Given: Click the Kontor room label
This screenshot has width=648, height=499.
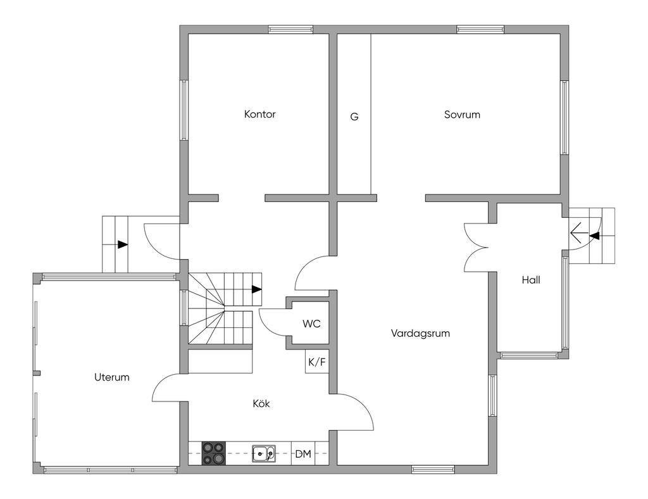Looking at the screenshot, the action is (259, 114).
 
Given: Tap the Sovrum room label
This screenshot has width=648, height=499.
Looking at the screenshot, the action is (462, 115).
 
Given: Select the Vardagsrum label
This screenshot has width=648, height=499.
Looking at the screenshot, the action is (420, 333).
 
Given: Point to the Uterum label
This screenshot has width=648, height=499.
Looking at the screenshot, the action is (111, 377).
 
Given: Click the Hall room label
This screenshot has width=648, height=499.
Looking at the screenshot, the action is (531, 280).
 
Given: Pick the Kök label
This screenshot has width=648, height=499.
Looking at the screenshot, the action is (261, 403).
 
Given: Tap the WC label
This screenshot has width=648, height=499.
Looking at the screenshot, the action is (311, 324).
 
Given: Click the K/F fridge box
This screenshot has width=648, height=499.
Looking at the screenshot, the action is (317, 362).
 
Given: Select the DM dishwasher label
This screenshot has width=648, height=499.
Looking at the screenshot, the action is (303, 454).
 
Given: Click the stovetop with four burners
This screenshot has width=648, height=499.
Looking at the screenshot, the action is (214, 453).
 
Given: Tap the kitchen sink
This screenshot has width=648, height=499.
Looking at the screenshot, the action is (264, 453).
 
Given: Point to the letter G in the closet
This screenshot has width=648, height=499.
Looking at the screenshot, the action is (354, 117).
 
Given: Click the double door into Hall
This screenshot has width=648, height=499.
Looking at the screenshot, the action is (476, 247).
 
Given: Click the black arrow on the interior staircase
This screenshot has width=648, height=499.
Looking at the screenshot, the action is (257, 289).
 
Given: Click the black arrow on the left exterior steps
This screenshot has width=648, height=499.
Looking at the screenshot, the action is (122, 244).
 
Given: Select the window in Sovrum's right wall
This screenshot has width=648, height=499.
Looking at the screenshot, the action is (564, 118).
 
